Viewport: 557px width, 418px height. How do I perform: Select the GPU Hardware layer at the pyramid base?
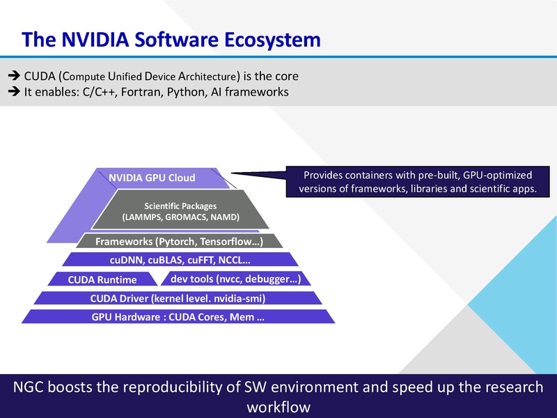click(x=178, y=317)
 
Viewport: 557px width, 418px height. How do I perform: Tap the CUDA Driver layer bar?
click(x=178, y=298)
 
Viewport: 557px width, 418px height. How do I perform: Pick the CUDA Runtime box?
click(x=102, y=280)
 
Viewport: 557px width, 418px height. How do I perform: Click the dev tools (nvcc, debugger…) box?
click(x=235, y=279)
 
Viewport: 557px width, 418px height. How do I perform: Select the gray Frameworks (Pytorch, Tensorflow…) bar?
click(x=178, y=242)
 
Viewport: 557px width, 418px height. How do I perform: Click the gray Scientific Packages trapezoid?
click(x=180, y=211)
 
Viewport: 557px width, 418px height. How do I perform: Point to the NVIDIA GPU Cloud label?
click(x=152, y=178)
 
